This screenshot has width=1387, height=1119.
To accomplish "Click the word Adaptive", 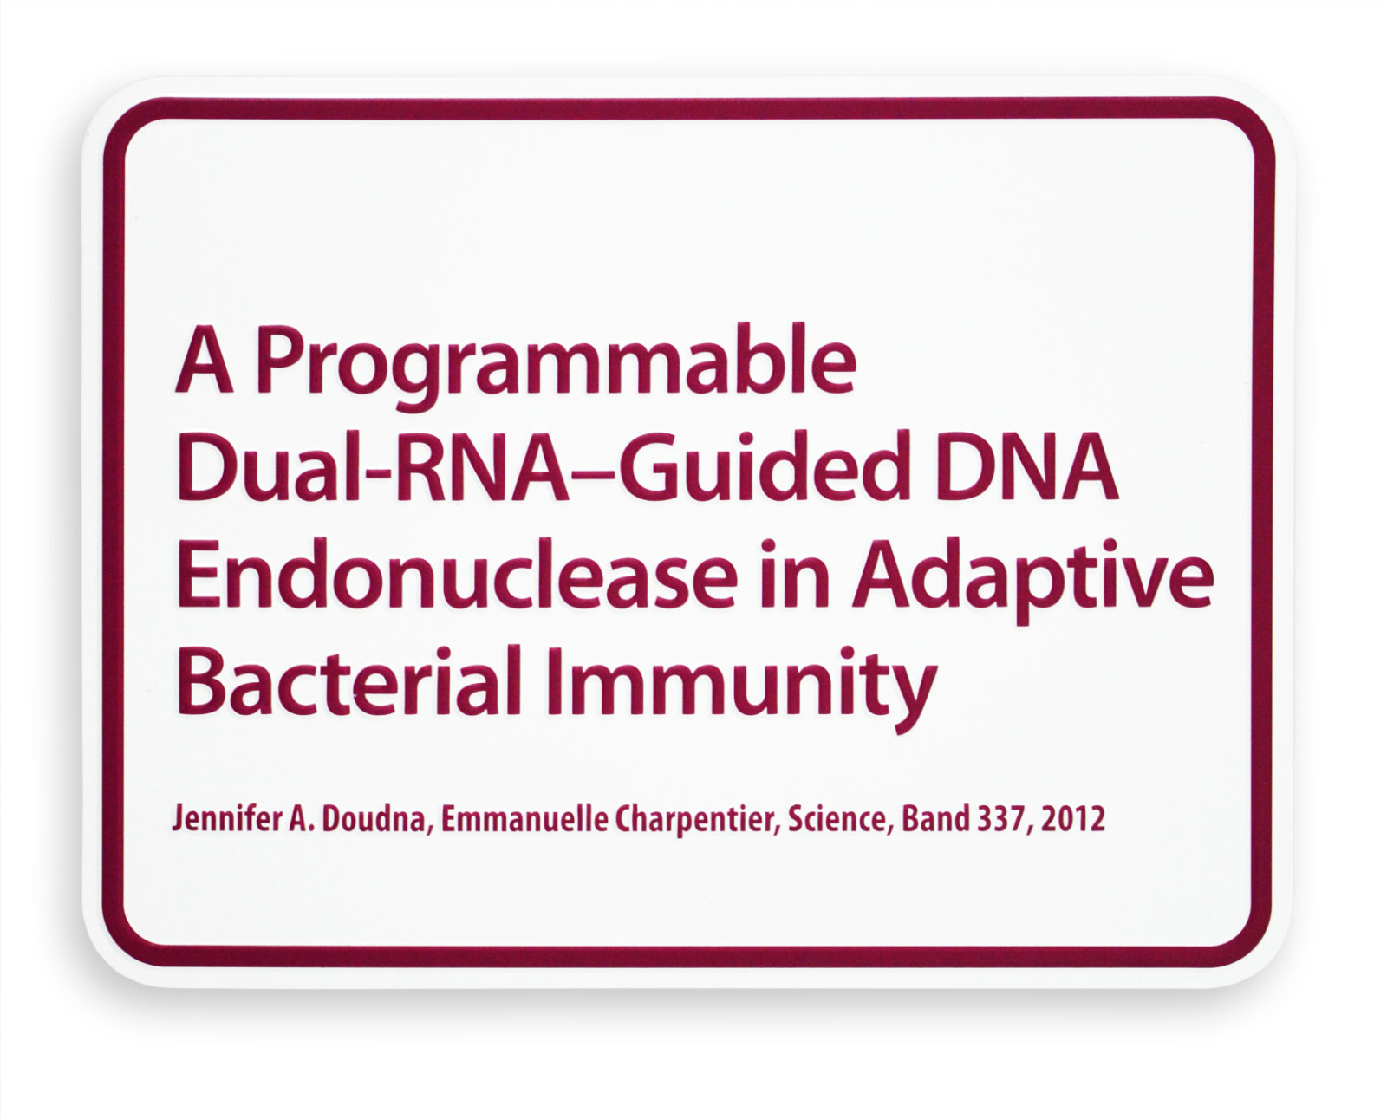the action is (1032, 579).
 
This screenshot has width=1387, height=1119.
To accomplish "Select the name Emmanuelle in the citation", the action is (524, 819).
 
